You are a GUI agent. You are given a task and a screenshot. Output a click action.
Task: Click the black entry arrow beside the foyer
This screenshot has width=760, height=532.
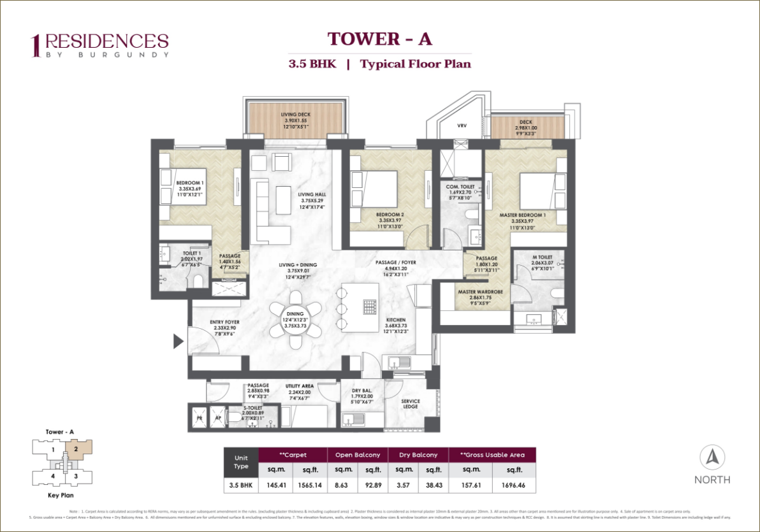[x=179, y=341]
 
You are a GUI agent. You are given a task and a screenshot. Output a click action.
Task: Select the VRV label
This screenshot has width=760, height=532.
[x=462, y=126]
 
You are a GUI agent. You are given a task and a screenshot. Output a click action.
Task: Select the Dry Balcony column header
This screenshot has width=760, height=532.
[x=418, y=455]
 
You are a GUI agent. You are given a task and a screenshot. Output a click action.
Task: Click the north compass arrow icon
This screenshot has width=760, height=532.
[x=712, y=457]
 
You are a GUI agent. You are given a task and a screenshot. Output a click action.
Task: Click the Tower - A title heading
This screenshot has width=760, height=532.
[x=380, y=39]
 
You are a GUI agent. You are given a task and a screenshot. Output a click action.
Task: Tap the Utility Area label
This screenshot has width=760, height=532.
[x=298, y=386]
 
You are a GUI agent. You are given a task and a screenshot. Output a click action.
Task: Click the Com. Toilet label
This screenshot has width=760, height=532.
[x=458, y=186]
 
